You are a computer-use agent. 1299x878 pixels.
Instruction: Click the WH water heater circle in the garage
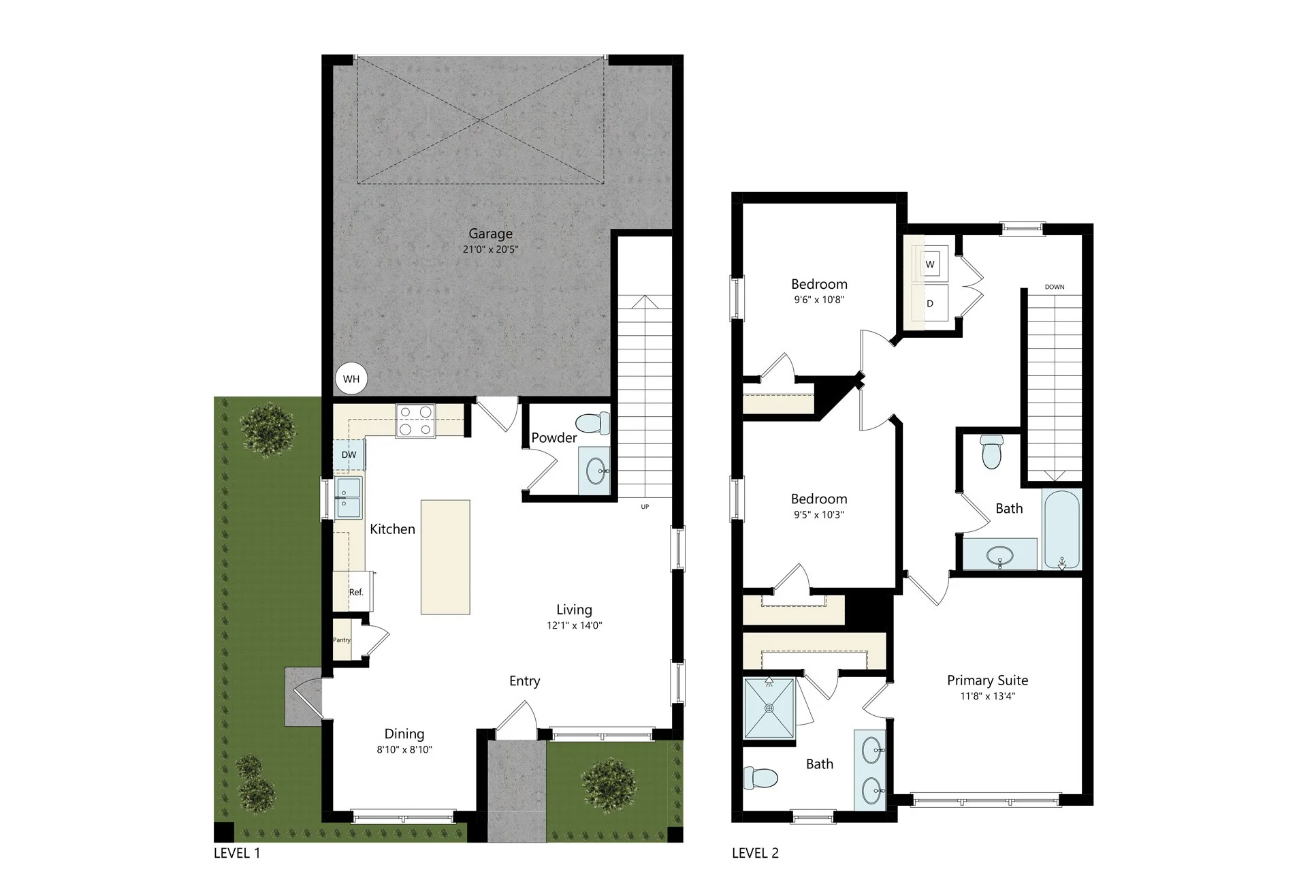coord(351,379)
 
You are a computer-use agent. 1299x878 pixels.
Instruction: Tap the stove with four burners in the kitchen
coord(415,420)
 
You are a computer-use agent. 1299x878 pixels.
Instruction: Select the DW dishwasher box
coord(349,454)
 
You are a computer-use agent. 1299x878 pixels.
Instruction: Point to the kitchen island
coord(445,557)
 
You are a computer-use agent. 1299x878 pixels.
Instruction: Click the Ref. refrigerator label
coord(356,592)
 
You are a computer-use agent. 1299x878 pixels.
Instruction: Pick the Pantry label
coord(342,640)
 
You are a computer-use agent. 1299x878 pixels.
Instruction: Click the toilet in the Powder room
coord(593,422)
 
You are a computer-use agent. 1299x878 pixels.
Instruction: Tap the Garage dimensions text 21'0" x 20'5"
coord(490,249)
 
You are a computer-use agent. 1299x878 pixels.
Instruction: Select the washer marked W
coord(930,264)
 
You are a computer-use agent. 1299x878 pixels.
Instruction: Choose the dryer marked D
coord(929,303)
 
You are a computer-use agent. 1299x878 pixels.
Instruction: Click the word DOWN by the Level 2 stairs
coord(1055,287)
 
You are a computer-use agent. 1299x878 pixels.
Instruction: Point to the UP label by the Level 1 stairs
coord(645,507)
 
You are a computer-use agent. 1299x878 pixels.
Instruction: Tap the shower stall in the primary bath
coord(769,708)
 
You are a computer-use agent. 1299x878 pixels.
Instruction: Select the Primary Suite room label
coord(987,680)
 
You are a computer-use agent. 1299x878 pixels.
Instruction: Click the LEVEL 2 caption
coord(755,853)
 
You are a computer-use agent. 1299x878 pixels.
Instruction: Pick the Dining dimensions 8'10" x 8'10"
coord(404,749)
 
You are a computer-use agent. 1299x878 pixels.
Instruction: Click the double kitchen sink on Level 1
coord(348,498)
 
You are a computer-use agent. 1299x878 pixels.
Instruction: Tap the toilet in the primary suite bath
coord(760,777)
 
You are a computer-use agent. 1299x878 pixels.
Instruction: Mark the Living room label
coord(574,610)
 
